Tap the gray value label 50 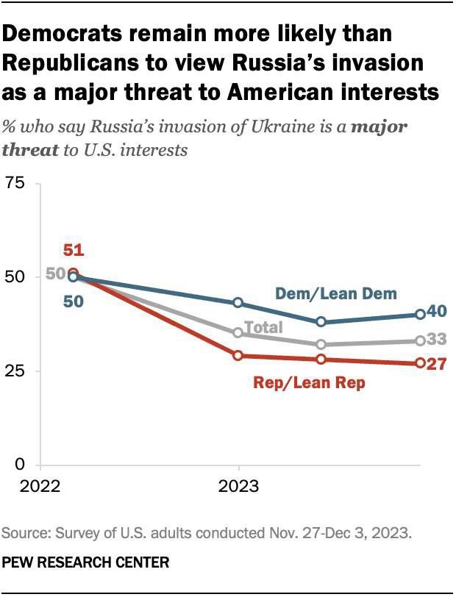click(x=56, y=274)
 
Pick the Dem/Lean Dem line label click(x=336, y=293)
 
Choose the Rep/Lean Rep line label click(x=309, y=383)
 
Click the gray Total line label click(x=263, y=327)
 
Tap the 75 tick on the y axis click(x=18, y=183)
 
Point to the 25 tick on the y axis click(x=18, y=371)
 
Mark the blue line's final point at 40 click(x=420, y=314)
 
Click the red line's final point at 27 click(x=420, y=363)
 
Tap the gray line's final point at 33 click(x=420, y=340)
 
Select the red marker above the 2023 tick click(x=238, y=356)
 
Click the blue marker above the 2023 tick click(x=238, y=303)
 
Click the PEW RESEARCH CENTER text click(x=87, y=562)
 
